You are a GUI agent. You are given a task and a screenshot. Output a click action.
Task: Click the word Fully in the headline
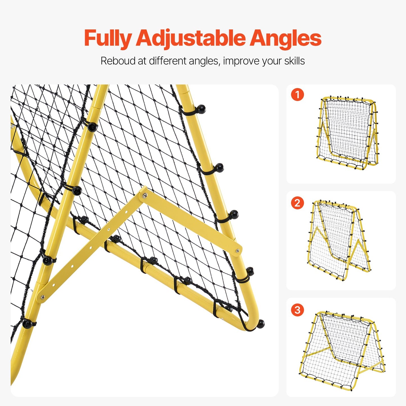[x=108, y=38]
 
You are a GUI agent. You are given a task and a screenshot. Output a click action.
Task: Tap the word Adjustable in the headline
[x=190, y=38]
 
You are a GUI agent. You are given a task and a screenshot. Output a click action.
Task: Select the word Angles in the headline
[x=285, y=38]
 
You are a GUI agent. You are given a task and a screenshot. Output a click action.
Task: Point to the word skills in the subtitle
[x=294, y=61]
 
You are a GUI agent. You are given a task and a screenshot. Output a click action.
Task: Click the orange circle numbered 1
[x=297, y=95]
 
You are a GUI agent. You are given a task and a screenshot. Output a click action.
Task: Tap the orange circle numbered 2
[x=297, y=203]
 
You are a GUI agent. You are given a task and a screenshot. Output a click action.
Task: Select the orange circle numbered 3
[x=297, y=310]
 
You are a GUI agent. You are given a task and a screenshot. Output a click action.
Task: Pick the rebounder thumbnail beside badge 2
[x=339, y=240]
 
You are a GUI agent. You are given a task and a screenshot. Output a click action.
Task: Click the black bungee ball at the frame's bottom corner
[x=260, y=324]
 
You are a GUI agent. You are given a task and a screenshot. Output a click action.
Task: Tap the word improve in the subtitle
[x=241, y=61]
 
